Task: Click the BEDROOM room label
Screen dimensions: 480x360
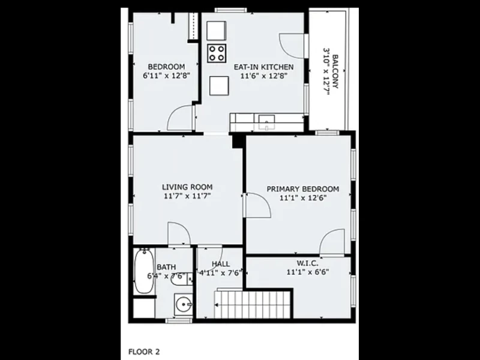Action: click(x=167, y=67)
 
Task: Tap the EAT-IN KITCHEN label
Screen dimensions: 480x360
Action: click(x=263, y=67)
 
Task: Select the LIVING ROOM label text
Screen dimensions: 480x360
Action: click(x=187, y=187)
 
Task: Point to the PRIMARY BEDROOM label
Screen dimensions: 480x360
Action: click(x=303, y=189)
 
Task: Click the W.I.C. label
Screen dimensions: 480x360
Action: click(x=307, y=263)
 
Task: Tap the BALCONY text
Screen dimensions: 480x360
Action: click(x=335, y=71)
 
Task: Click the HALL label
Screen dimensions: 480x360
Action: click(x=221, y=264)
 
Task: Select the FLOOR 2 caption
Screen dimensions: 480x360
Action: click(x=144, y=352)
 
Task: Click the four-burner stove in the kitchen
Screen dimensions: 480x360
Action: click(x=217, y=53)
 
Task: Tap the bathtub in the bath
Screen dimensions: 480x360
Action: click(x=144, y=271)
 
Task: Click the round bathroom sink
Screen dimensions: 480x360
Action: click(x=184, y=305)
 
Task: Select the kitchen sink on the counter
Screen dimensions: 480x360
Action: click(x=266, y=122)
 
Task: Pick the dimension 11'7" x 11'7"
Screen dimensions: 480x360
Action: click(x=187, y=196)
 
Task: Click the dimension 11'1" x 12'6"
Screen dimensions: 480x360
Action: click(x=303, y=198)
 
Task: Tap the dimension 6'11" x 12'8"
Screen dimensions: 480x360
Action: click(x=167, y=76)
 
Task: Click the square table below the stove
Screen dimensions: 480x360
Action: click(x=219, y=86)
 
